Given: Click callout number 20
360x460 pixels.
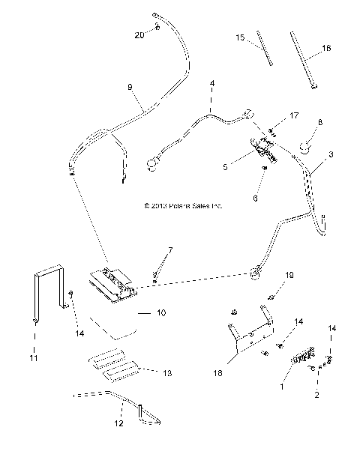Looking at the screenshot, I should coord(139,35).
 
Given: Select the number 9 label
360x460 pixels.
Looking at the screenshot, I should coord(130,88).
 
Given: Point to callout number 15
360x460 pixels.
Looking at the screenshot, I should coord(240,37).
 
